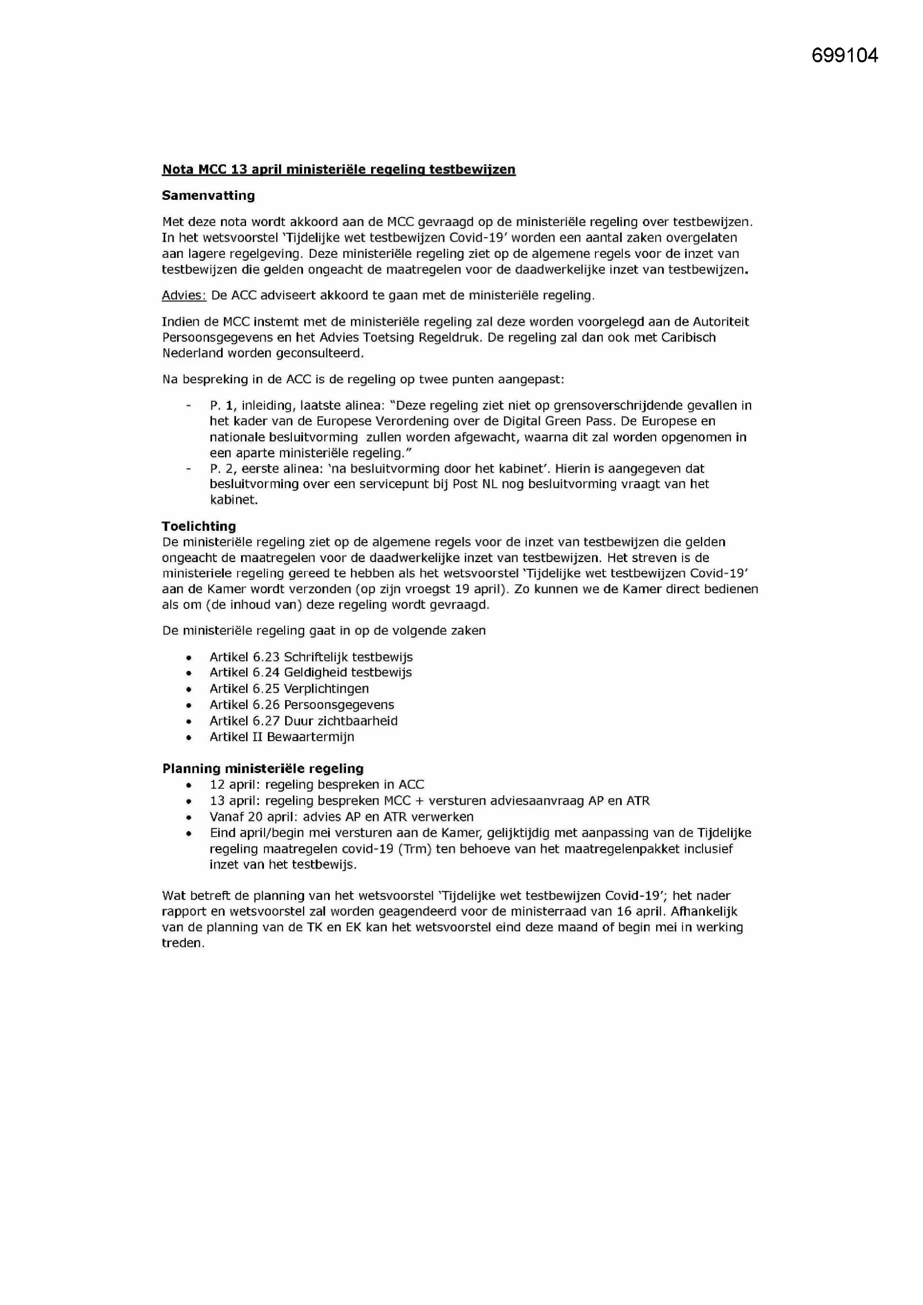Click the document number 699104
click(844, 55)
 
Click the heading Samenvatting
click(208, 195)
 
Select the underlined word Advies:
click(184, 296)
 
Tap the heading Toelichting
click(198, 526)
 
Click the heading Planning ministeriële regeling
click(263, 769)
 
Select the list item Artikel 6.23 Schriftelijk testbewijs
click(311, 657)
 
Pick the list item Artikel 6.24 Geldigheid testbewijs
click(310, 673)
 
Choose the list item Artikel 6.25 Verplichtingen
click(289, 689)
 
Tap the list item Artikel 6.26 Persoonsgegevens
click(301, 705)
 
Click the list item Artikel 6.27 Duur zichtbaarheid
click(304, 721)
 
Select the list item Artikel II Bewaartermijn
click(281, 737)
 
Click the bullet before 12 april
click(189, 785)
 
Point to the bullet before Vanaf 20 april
click(189, 817)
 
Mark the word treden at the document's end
click(182, 943)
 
